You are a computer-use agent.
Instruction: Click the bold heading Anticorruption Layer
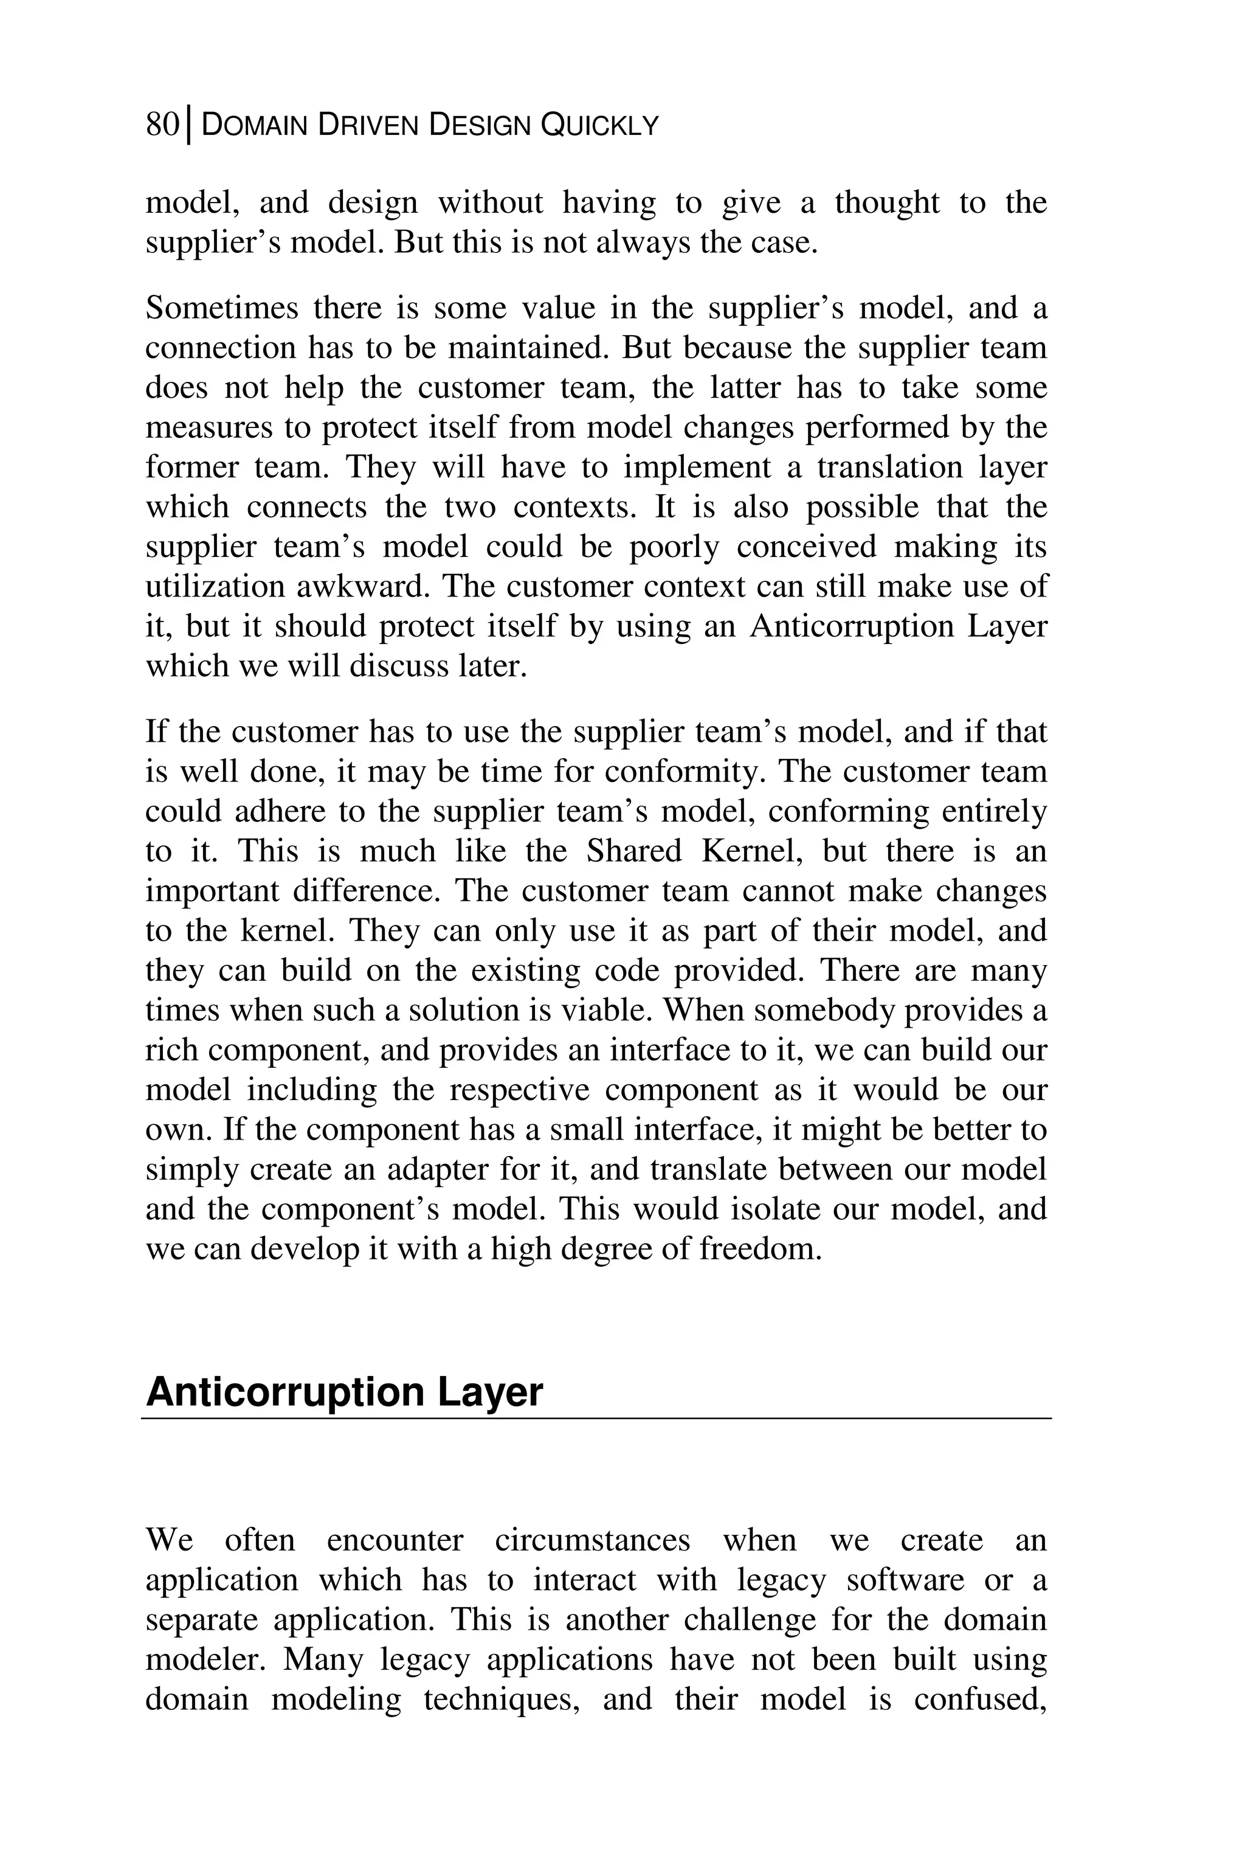tap(344, 1391)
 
